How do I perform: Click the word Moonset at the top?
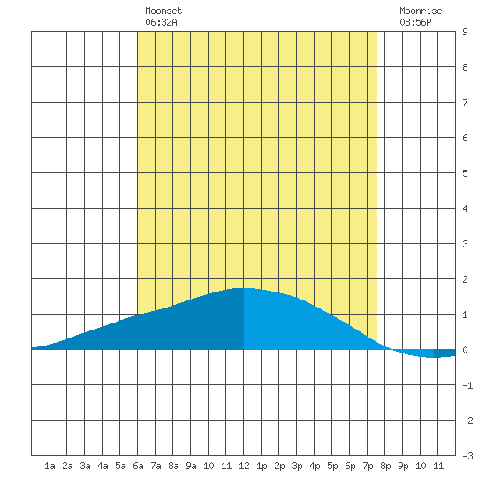pos(163,11)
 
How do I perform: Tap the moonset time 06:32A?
pos(161,22)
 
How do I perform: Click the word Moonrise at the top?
pos(421,11)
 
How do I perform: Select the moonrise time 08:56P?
pos(415,22)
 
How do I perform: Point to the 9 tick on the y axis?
pos(465,32)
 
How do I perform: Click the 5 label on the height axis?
pos(465,173)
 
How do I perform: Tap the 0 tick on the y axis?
pos(465,350)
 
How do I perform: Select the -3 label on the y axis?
pos(467,456)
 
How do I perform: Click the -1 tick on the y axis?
pos(467,385)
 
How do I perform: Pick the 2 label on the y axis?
pos(465,279)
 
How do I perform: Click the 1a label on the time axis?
pos(49,466)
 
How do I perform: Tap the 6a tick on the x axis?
pos(138,466)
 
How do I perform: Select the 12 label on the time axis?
pos(244,466)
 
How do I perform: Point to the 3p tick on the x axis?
pos(297,466)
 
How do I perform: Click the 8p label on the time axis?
pos(385,466)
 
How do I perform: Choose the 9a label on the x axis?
pos(191,466)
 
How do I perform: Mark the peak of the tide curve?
pos(243,288)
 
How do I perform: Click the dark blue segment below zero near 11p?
pos(444,353)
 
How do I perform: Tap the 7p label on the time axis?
pos(368,466)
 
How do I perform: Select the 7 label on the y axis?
pos(465,103)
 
